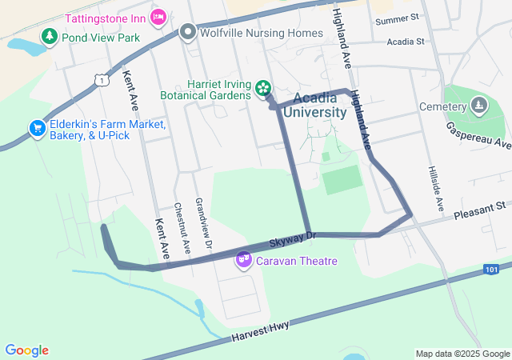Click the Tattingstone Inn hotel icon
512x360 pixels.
click(159, 16)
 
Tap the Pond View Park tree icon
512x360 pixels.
click(50, 37)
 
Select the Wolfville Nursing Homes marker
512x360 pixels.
click(188, 33)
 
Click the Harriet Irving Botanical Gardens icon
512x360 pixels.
click(262, 88)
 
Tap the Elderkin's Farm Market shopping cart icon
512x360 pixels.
click(37, 128)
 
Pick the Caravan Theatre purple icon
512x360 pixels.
click(244, 260)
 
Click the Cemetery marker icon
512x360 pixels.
click(478, 106)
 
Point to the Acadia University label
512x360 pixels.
click(319, 105)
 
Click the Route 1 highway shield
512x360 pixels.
click(100, 79)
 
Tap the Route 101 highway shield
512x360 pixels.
click(492, 270)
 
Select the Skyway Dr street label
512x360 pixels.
click(293, 237)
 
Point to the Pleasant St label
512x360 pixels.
click(481, 212)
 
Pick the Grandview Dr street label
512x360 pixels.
click(202, 223)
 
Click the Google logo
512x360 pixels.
click(26, 350)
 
